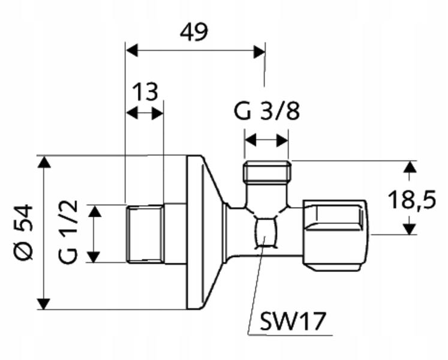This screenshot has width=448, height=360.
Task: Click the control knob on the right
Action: point(336,233)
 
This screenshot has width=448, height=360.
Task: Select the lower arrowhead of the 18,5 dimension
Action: point(409,228)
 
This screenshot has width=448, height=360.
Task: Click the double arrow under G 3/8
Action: point(266,140)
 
